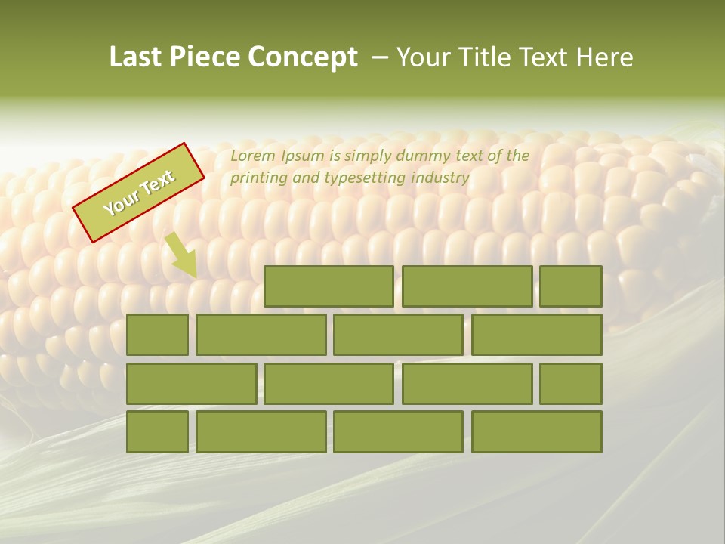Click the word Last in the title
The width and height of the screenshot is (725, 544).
click(x=138, y=57)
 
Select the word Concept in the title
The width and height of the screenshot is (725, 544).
click(x=304, y=57)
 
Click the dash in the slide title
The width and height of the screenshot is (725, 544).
click(x=380, y=57)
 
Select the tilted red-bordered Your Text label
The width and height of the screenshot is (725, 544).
click(x=139, y=193)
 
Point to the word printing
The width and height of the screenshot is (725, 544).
click(x=259, y=178)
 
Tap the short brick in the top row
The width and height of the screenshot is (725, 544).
click(x=571, y=286)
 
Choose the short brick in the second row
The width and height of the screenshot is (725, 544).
click(x=157, y=335)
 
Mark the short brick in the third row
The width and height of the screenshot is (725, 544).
click(x=571, y=384)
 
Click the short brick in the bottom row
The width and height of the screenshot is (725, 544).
click(x=157, y=432)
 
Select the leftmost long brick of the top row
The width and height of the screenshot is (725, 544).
click(x=329, y=286)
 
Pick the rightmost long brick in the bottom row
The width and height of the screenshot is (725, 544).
click(x=537, y=432)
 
